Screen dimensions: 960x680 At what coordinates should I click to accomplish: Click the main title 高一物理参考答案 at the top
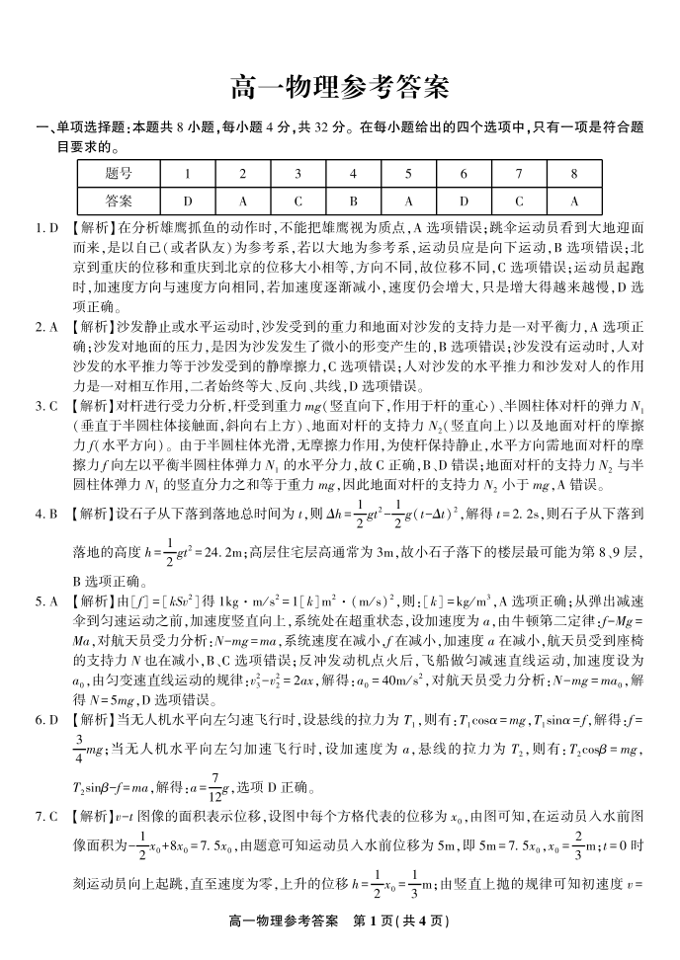tap(339, 88)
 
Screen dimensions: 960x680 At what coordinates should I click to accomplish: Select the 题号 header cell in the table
tap(119, 173)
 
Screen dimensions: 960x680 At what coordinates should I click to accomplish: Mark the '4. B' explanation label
tap(47, 515)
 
